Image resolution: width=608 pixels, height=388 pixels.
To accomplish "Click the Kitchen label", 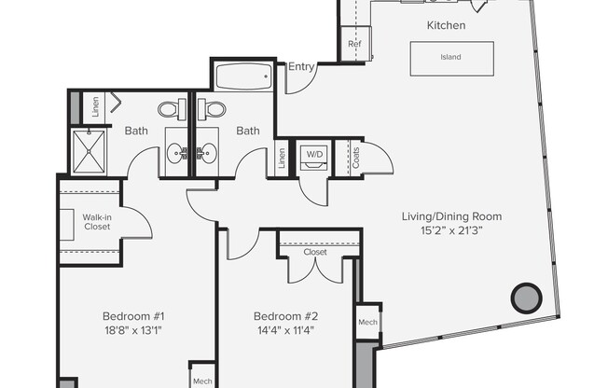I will (x=446, y=25).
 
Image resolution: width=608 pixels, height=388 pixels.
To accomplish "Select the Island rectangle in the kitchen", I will (x=450, y=57).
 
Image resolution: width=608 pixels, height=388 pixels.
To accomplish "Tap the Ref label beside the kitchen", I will (x=354, y=44).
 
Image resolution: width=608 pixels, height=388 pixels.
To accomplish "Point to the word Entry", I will (x=301, y=66).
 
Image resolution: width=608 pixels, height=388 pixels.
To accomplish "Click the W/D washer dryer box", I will (x=311, y=154).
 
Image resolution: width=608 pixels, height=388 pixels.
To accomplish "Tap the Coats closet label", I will (x=353, y=155).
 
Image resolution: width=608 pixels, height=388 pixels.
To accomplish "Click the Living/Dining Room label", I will (x=446, y=216).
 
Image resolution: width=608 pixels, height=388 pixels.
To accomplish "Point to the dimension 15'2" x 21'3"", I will (x=446, y=229).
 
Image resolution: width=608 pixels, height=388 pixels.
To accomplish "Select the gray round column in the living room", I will (x=526, y=298).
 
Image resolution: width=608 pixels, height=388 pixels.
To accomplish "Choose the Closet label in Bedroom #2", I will (x=315, y=252).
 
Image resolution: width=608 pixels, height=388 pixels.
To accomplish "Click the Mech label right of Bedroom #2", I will (x=367, y=322).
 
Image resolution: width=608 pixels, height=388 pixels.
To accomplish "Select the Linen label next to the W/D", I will (x=282, y=159).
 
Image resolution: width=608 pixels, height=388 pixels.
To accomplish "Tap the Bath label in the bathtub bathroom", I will (x=247, y=131).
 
